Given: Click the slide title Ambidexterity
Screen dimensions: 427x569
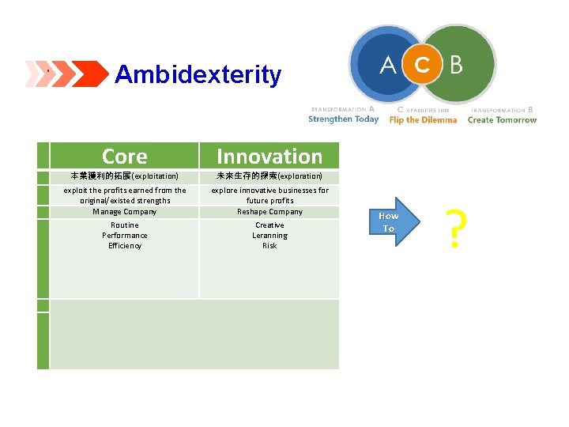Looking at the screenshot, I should click(x=198, y=75).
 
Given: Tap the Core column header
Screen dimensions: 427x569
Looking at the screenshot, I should click(x=125, y=157).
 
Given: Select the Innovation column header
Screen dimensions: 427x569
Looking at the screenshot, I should click(x=269, y=157).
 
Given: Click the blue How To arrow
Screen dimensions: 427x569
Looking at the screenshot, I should click(x=392, y=222).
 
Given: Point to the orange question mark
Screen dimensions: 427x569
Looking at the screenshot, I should click(x=454, y=229).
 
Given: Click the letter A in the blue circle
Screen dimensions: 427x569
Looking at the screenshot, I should click(x=387, y=65).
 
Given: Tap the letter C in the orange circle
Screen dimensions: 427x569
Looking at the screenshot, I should click(x=423, y=65).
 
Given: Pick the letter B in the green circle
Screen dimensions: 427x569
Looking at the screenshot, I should click(x=456, y=65).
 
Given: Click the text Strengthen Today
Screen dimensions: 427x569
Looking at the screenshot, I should click(x=343, y=119).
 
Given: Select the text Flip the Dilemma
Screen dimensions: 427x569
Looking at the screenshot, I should click(x=423, y=119).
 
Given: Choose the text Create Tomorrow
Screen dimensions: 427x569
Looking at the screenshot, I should click(x=502, y=119).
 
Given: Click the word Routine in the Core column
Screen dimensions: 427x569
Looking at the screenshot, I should click(x=125, y=225).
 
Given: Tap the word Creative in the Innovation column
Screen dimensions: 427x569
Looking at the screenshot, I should click(x=269, y=225).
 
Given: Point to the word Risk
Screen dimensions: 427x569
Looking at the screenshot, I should click(x=269, y=246).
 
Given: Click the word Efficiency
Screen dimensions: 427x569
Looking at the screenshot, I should click(x=125, y=246).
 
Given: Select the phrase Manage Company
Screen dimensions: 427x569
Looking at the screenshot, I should click(x=125, y=211).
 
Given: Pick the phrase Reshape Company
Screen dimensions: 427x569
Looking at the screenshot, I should click(x=269, y=211).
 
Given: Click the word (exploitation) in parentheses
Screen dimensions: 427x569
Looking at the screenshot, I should click(x=155, y=176).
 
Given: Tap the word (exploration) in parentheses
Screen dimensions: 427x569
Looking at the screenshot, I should click(x=300, y=176).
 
